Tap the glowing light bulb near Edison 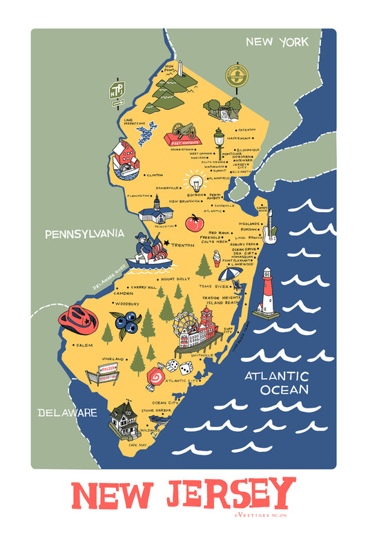point(195,185)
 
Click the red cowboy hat point(78,319)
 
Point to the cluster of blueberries point(126,323)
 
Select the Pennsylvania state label point(84,234)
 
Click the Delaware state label point(67,413)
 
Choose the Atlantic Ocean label point(284,382)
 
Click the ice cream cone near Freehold point(217,258)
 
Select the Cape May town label point(139,446)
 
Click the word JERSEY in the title point(229,495)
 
